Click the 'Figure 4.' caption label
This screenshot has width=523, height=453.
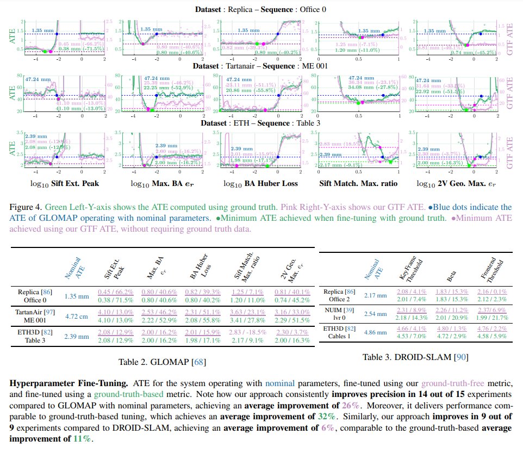(x=25, y=207)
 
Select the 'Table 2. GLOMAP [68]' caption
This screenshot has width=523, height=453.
(x=162, y=361)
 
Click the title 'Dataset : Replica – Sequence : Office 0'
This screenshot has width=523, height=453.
(x=261, y=10)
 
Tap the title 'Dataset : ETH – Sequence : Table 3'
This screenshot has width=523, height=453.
(x=261, y=123)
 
